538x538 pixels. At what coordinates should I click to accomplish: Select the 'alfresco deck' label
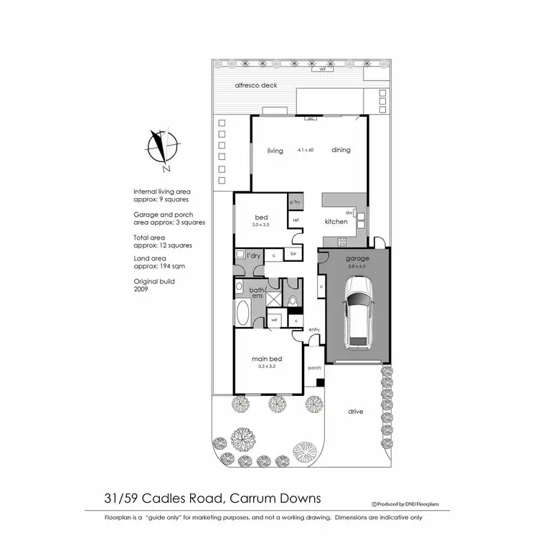pyautogui.click(x=256, y=85)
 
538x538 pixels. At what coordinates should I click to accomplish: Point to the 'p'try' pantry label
pyautogui.click(x=295, y=202)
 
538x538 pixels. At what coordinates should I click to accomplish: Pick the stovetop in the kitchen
pyautogui.click(x=342, y=242)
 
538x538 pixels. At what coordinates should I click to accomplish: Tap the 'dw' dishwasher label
pyautogui.click(x=349, y=212)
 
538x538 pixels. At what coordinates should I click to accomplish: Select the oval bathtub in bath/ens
pyautogui.click(x=242, y=313)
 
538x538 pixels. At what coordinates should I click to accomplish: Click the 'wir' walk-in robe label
pyautogui.click(x=274, y=320)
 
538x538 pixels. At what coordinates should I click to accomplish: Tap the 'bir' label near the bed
pyautogui.click(x=294, y=254)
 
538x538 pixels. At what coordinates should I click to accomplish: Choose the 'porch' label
pyautogui.click(x=314, y=367)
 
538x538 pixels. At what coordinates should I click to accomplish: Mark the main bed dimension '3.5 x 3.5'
pyautogui.click(x=266, y=366)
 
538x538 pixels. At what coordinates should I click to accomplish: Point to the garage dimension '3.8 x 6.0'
pyautogui.click(x=357, y=266)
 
